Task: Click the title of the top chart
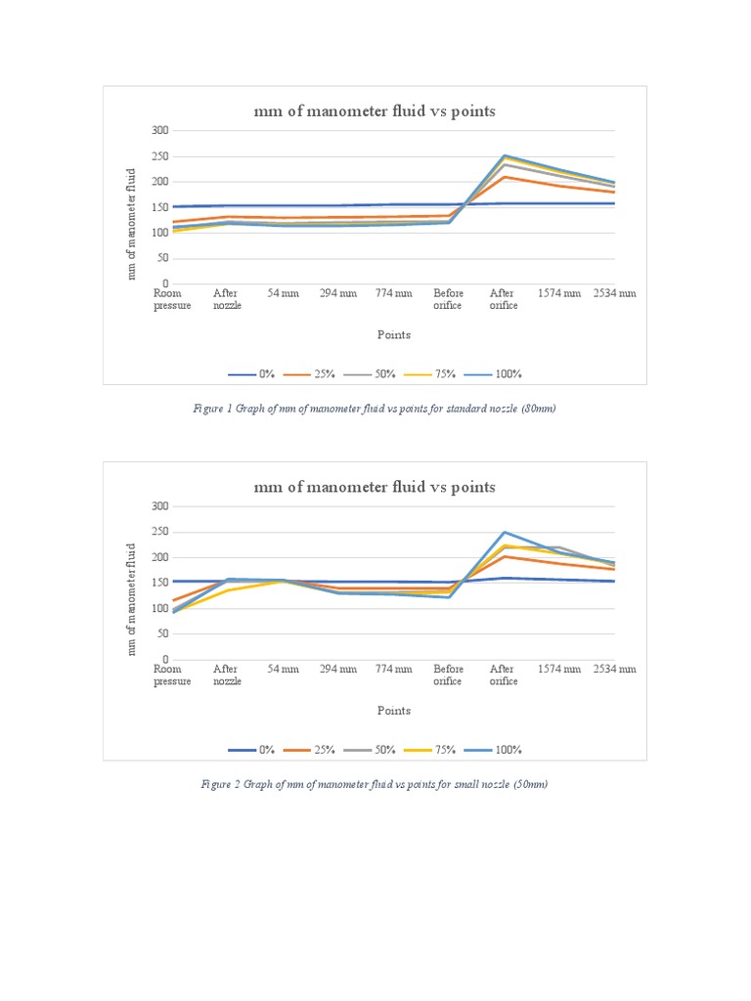[x=375, y=111]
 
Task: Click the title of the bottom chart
[x=375, y=487]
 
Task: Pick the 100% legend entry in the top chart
[x=496, y=374]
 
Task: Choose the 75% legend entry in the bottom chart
[x=437, y=750]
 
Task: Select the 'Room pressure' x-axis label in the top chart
[x=172, y=299]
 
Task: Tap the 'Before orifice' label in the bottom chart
[x=448, y=675]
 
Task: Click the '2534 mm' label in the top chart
[x=614, y=293]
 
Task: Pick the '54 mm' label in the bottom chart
[x=283, y=669]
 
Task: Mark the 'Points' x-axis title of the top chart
[x=394, y=334]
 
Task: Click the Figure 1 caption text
[x=375, y=410]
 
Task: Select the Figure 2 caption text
[x=375, y=785]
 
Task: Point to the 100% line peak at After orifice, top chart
[x=504, y=155]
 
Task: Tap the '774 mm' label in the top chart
[x=393, y=293]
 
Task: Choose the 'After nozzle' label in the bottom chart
[x=227, y=675]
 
